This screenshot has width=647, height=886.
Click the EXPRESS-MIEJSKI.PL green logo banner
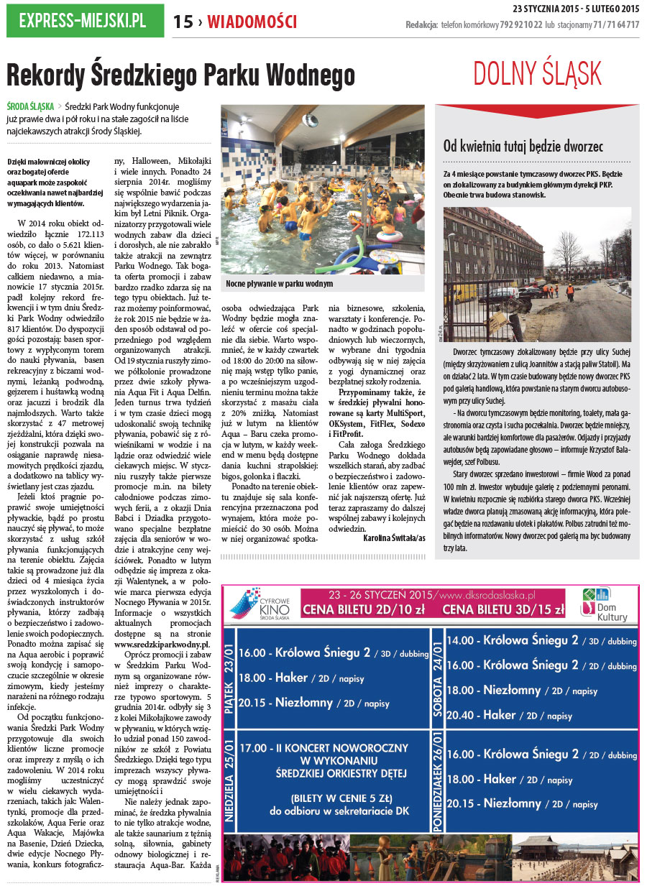tap(82, 21)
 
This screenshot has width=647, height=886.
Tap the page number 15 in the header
tap(183, 22)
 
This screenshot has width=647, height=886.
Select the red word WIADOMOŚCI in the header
tap(252, 22)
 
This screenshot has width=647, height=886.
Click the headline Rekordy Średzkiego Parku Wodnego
tap(180, 75)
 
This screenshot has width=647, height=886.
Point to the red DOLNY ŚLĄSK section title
tap(537, 73)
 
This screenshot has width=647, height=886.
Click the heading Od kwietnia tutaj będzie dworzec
tap(523, 147)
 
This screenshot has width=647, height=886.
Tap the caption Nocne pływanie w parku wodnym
tap(280, 284)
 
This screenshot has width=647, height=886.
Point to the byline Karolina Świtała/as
tap(393, 537)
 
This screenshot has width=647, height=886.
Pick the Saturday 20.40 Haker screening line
tap(510, 715)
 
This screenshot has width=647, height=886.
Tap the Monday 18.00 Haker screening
tap(510, 779)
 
